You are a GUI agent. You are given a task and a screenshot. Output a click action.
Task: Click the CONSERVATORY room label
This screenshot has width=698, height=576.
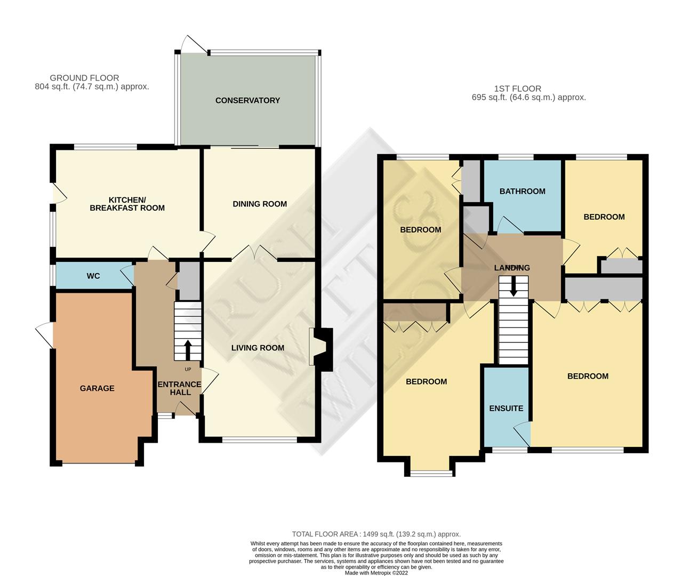[x=247, y=100]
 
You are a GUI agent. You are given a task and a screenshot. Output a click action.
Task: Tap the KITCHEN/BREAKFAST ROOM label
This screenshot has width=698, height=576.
[x=127, y=204]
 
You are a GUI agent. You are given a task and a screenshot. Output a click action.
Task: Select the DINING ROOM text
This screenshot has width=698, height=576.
[x=260, y=204]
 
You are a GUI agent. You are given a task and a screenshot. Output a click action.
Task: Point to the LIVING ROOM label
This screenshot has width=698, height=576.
[x=258, y=348]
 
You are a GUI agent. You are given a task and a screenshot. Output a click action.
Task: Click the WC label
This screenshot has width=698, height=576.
[x=93, y=276]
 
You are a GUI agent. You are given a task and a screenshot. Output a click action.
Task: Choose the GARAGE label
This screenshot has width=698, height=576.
[x=97, y=388]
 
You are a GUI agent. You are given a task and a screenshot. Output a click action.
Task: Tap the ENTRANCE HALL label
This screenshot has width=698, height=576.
[x=180, y=388]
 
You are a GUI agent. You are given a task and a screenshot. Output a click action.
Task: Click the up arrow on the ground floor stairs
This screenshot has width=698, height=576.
[x=188, y=349]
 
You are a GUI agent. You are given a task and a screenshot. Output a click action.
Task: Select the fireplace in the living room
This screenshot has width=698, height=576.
[x=322, y=348]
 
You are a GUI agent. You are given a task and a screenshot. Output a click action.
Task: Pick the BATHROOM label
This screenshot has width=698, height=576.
[x=522, y=191]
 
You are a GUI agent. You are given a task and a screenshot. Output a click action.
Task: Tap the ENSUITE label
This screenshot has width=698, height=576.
[x=506, y=408]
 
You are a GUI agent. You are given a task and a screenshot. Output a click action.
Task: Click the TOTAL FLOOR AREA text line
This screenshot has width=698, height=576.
[x=376, y=534]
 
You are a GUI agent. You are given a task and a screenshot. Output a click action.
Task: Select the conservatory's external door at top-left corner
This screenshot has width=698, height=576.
[x=194, y=45]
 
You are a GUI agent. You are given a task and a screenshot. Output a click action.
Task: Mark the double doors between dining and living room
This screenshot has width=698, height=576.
[x=254, y=253]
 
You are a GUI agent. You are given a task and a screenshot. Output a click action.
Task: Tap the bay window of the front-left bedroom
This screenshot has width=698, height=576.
[x=431, y=472]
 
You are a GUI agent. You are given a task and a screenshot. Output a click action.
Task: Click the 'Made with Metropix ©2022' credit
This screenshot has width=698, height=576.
[x=376, y=573]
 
